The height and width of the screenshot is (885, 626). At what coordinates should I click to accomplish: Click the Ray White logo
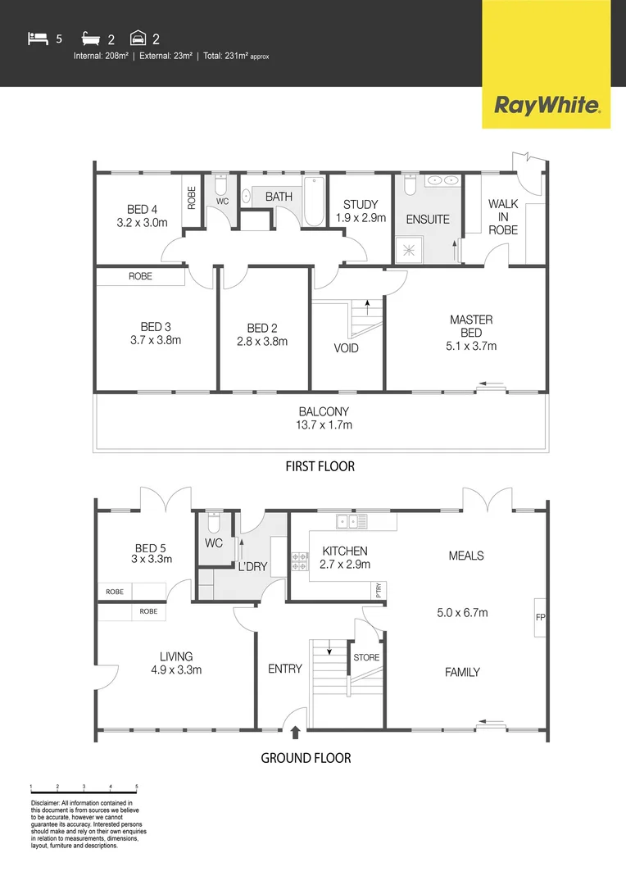tap(547, 105)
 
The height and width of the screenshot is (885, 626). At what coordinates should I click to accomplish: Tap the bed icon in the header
tap(37, 37)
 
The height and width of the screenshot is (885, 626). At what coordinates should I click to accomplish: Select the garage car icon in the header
tap(138, 38)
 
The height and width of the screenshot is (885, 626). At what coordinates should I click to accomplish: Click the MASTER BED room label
tap(471, 333)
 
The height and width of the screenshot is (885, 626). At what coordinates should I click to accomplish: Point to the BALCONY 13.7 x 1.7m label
tap(324, 418)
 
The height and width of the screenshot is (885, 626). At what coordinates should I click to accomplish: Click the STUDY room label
tap(361, 211)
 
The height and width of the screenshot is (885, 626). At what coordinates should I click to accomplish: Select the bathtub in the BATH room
tap(314, 202)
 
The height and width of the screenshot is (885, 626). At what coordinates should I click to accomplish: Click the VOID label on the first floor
tap(347, 348)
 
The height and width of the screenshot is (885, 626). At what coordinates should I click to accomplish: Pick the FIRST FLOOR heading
tap(320, 466)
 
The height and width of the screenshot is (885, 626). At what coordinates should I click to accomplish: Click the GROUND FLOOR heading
tap(306, 758)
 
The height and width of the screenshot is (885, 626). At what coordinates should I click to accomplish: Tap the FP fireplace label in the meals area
tap(540, 617)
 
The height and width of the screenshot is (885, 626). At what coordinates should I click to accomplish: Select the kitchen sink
tap(347, 522)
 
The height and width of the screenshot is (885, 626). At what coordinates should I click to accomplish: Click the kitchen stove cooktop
tap(299, 562)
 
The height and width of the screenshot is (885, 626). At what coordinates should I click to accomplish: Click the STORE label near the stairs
tap(366, 657)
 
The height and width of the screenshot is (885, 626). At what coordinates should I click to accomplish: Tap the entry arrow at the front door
tap(294, 733)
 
